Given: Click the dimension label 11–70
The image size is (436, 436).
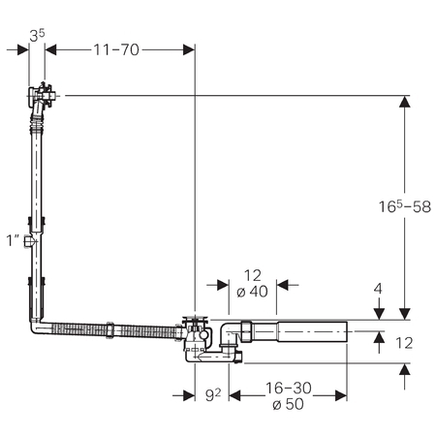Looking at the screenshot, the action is click(x=116, y=49).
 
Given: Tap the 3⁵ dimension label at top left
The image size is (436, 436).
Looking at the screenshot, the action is click(x=37, y=35).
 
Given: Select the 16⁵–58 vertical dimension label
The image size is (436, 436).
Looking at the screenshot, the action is click(x=405, y=206).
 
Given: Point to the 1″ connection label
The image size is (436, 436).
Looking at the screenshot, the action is click(x=14, y=240).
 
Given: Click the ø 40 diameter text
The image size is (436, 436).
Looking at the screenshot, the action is click(x=252, y=292).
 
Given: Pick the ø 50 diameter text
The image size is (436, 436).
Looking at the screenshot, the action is click(x=288, y=404).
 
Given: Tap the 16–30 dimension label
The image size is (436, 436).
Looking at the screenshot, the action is click(x=289, y=388).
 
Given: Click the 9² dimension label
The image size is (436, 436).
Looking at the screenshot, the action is click(x=213, y=394).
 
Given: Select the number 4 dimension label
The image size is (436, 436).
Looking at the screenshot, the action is click(x=378, y=289).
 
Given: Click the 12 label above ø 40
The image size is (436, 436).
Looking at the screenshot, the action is click(x=253, y=275).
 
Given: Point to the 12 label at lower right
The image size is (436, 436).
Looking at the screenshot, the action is click(x=404, y=343).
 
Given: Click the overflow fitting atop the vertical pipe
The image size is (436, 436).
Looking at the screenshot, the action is click(x=42, y=96).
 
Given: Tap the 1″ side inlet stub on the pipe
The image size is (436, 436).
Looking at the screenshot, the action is click(x=28, y=241).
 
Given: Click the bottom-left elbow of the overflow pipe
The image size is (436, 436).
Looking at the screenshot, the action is click(x=37, y=327).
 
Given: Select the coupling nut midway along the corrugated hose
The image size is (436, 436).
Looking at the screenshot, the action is click(x=109, y=330).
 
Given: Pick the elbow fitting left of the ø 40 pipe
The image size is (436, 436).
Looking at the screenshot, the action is click(x=229, y=336).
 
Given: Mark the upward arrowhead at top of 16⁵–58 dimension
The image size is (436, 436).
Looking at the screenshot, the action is click(x=405, y=102).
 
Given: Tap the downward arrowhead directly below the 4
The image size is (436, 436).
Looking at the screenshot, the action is click(x=378, y=314).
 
